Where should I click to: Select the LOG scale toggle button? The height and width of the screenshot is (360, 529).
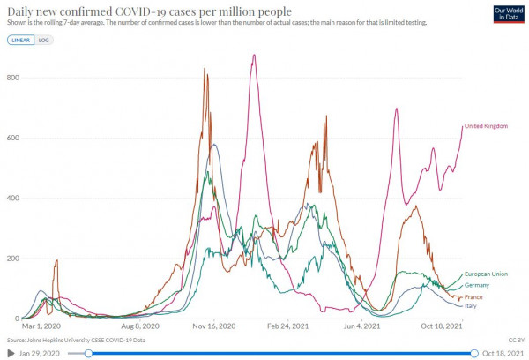coord(43,40)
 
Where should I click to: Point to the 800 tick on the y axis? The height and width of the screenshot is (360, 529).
coord(13,78)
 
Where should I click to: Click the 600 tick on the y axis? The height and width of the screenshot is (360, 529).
coord(13,138)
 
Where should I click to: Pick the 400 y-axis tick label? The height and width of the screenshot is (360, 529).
coord(13,199)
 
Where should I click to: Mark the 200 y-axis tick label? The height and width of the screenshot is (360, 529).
coord(13,259)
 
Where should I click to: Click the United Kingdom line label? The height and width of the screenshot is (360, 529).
coord(486,126)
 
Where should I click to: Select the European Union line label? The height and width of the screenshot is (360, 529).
coord(487,274)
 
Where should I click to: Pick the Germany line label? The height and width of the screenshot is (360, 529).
coord(476,285)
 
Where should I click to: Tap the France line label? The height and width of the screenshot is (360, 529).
coord(473,297)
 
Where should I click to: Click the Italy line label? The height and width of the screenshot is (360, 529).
coord(472,306)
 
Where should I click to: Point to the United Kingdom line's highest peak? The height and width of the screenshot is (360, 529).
coord(254,56)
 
